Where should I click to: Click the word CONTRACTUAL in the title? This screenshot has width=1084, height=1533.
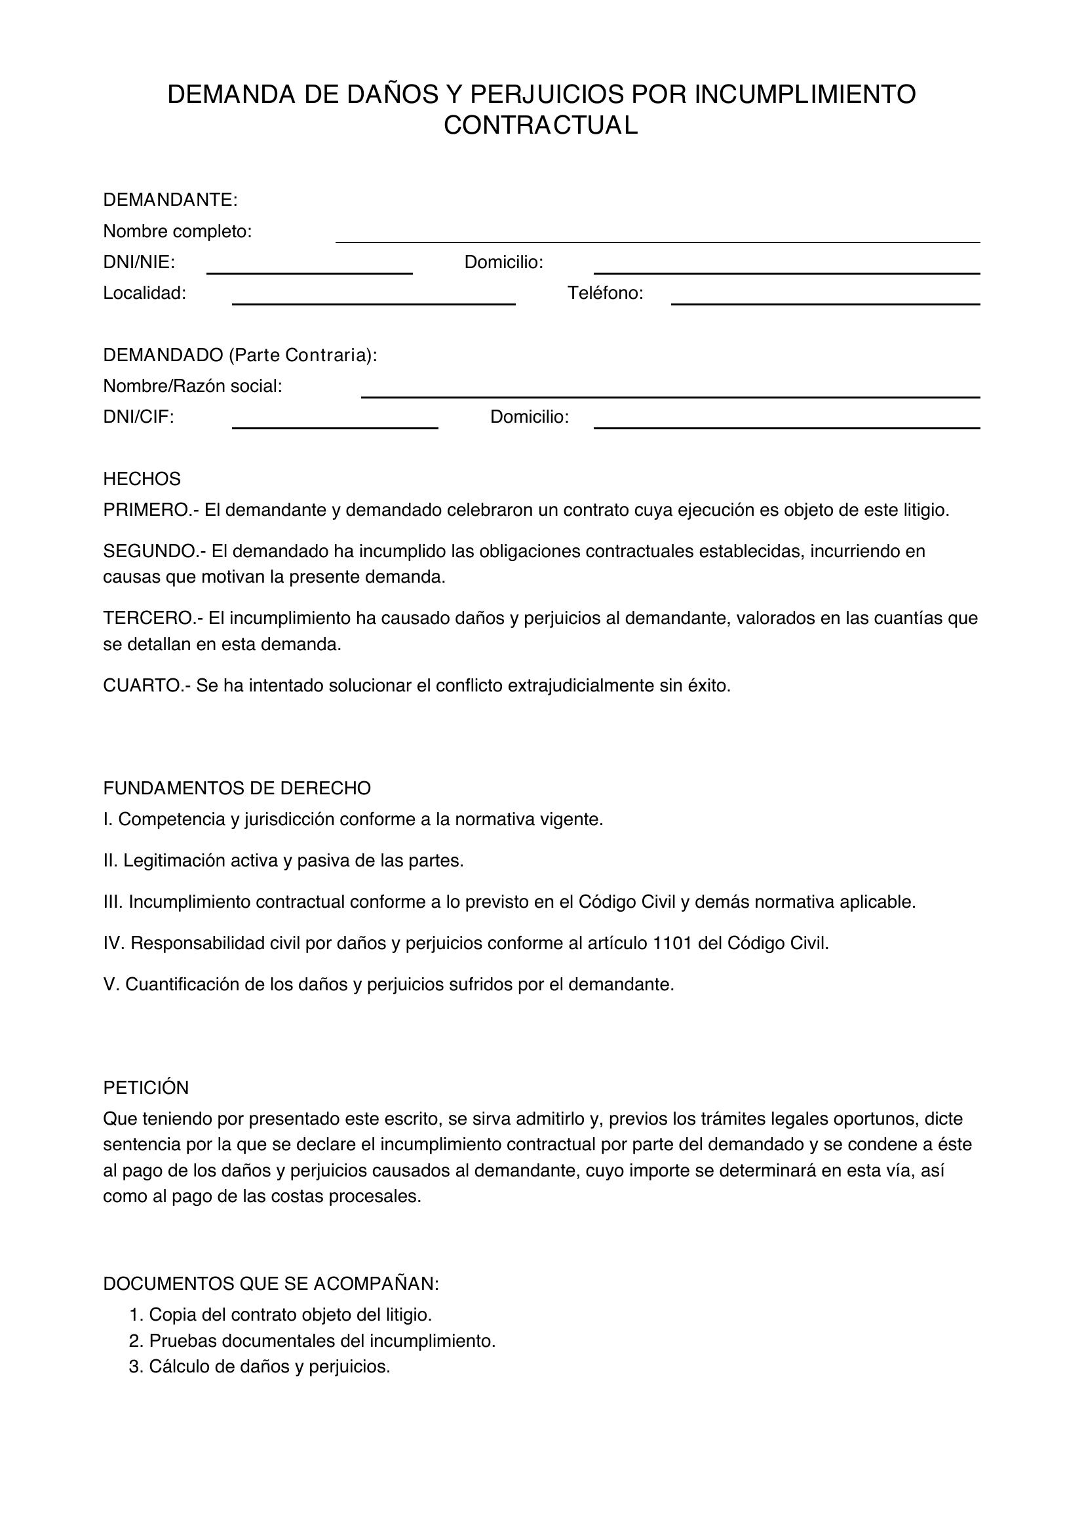pyautogui.click(x=541, y=126)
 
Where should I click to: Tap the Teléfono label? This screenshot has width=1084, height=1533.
pyautogui.click(x=605, y=293)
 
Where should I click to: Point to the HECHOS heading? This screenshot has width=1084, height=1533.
pyautogui.click(x=142, y=478)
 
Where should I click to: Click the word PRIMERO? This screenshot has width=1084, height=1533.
pyautogui.click(x=146, y=510)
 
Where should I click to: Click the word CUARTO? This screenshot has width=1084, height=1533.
pyautogui.click(x=140, y=686)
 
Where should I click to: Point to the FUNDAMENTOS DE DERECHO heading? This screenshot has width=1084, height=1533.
pyautogui.click(x=237, y=788)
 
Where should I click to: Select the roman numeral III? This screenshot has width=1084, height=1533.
pyautogui.click(x=112, y=902)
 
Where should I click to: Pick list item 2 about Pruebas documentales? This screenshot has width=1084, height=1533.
pyautogui.click(x=313, y=1341)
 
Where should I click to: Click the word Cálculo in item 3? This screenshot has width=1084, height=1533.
pyautogui.click(x=175, y=1367)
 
